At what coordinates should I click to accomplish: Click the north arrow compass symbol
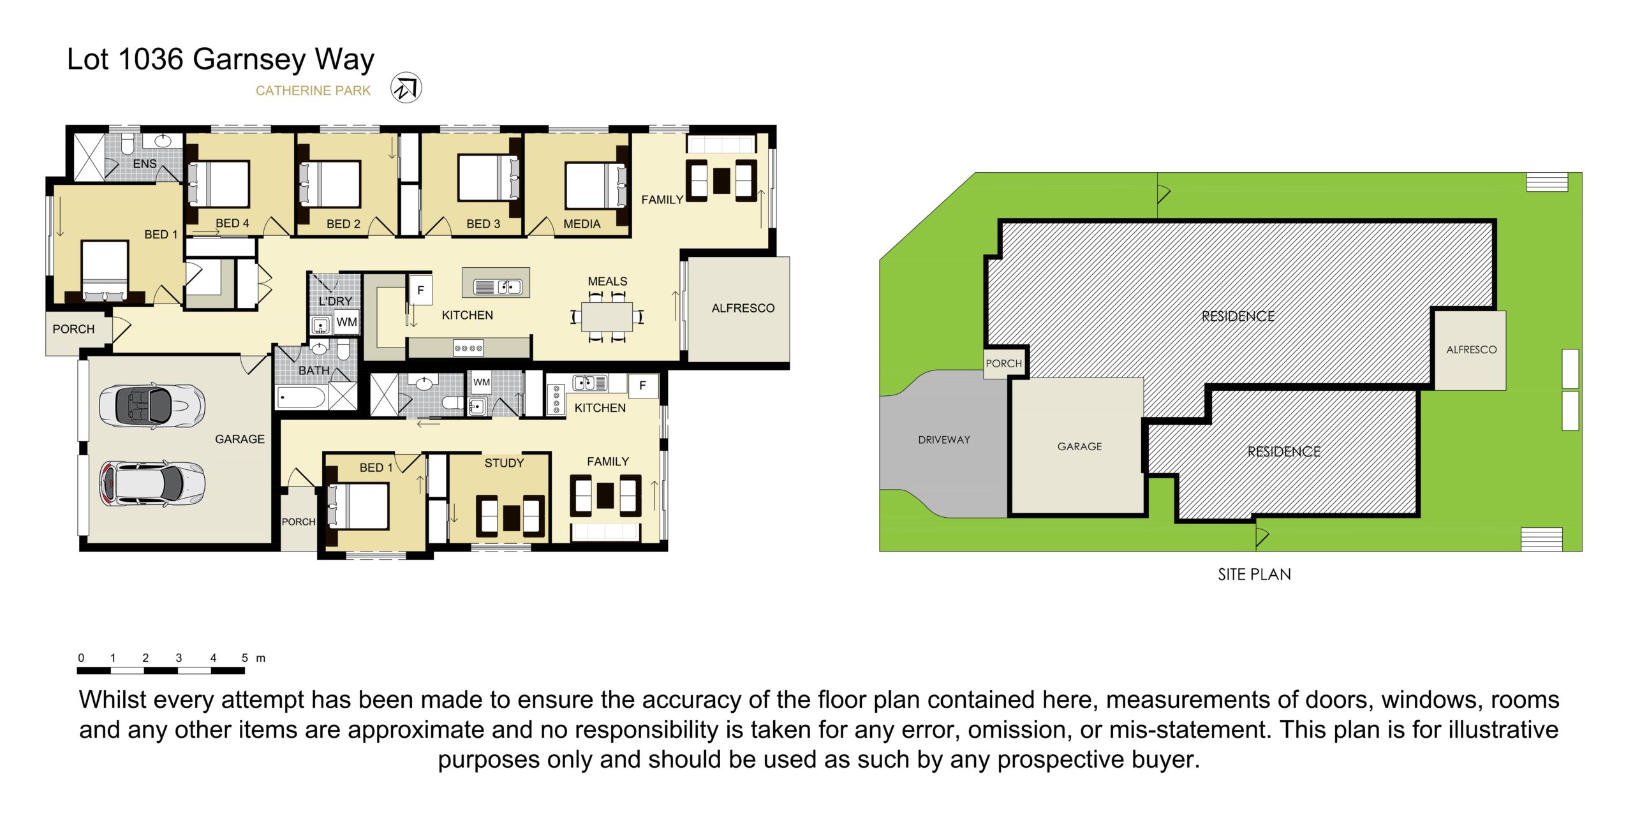(406, 88)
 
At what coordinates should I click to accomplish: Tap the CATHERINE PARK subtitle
(313, 91)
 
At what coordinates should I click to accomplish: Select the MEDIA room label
(582, 224)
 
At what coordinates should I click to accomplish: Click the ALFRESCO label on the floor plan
(743, 308)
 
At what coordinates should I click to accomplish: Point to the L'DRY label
(336, 301)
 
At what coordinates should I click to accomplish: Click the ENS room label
(145, 164)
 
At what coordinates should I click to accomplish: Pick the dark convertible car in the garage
(152, 406)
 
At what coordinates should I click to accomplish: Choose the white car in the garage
(152, 483)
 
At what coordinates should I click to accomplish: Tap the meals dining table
(607, 317)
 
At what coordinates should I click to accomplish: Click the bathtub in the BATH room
(302, 398)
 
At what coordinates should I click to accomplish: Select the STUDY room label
(504, 463)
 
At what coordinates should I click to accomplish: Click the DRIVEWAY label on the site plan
(944, 440)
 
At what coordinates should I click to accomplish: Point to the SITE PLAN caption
(1254, 575)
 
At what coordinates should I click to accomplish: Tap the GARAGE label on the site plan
(1079, 446)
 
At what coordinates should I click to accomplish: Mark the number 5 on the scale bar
(245, 657)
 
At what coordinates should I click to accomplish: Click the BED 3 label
(483, 224)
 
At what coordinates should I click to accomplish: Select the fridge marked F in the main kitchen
(420, 290)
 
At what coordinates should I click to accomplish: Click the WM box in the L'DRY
(346, 322)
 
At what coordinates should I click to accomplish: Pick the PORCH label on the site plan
(1003, 363)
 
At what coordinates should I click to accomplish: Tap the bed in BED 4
(218, 184)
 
